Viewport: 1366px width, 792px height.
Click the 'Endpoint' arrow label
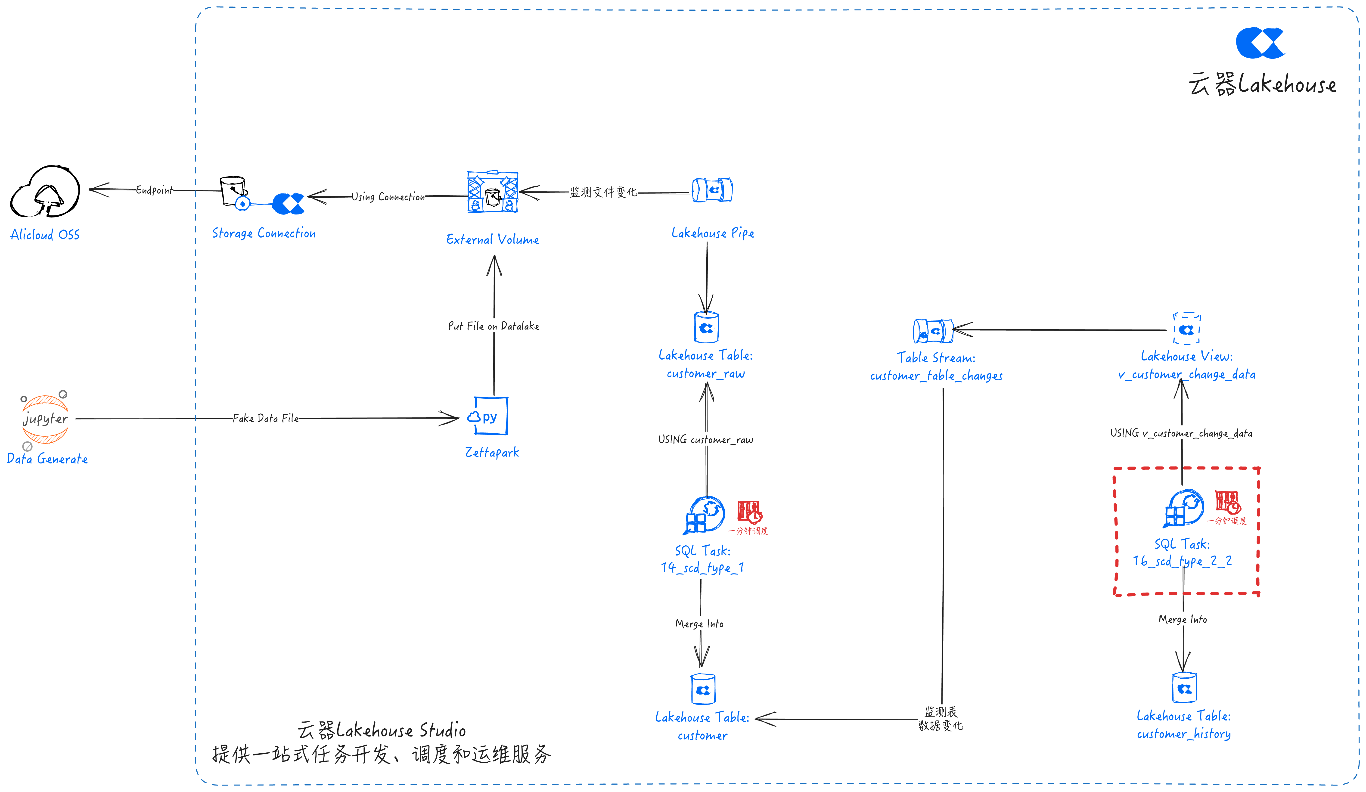[x=155, y=190]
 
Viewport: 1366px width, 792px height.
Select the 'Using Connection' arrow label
[x=388, y=197]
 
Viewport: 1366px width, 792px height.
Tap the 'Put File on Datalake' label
[x=493, y=326]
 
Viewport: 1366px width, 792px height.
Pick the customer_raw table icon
[x=706, y=327]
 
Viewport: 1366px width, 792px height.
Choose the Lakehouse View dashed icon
[x=1187, y=329]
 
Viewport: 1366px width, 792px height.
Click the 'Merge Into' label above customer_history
[x=1183, y=619]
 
